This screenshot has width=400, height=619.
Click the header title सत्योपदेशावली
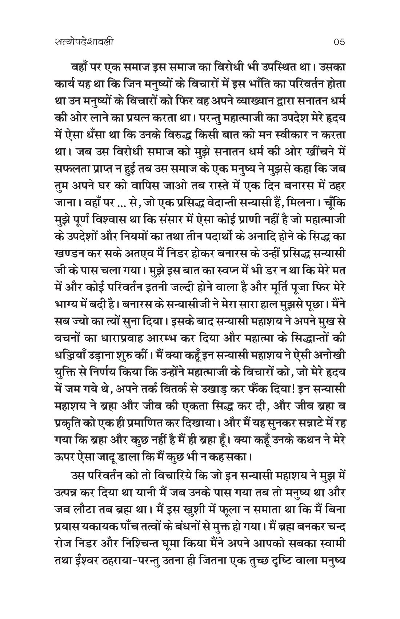click(x=82, y=42)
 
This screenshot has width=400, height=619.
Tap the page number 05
click(x=338, y=42)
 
